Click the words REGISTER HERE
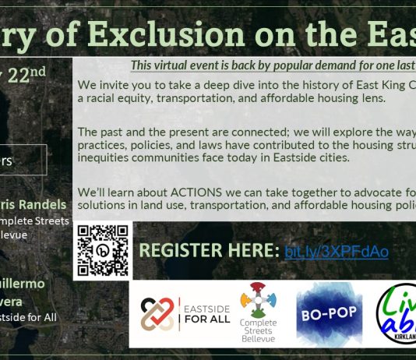[x=206, y=252]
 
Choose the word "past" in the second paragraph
[x=114, y=132]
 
